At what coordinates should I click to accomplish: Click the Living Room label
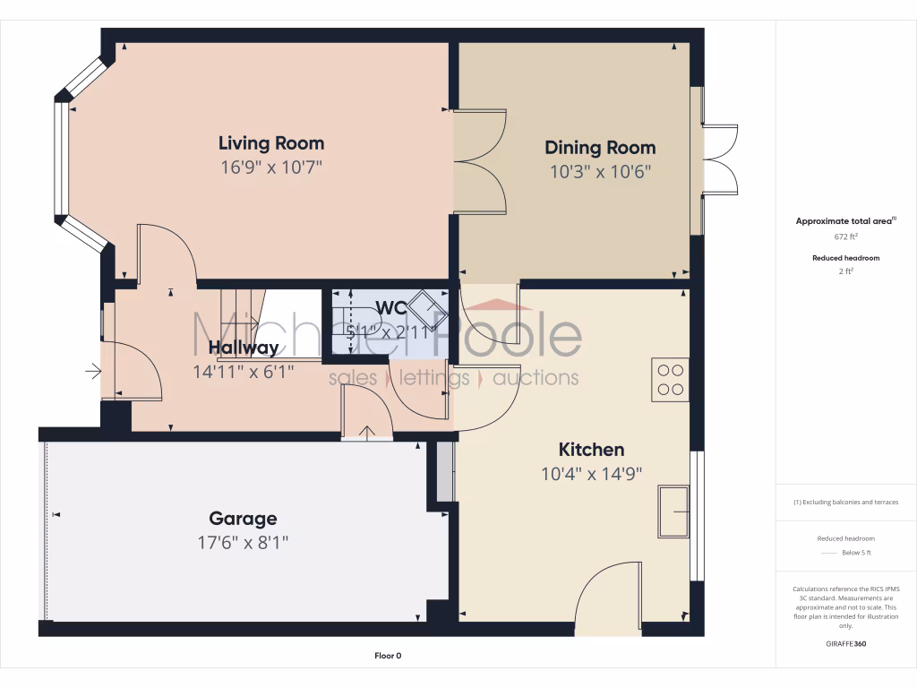271,143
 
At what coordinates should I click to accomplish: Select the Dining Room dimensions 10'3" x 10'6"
600,171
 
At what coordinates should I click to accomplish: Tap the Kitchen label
591,450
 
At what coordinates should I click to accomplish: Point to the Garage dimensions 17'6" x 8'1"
243,542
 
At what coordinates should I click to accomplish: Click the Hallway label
243,348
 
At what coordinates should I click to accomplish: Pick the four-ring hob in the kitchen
670,379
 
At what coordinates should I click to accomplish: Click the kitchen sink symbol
673,511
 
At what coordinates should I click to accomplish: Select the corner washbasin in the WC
427,310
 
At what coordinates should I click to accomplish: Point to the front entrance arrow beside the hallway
93,369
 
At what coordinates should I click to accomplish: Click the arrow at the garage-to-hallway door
367,434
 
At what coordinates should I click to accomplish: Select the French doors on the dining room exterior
720,159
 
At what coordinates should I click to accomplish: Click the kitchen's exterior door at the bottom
609,596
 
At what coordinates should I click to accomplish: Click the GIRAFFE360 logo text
846,643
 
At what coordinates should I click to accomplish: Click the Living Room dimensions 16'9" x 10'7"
271,167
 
